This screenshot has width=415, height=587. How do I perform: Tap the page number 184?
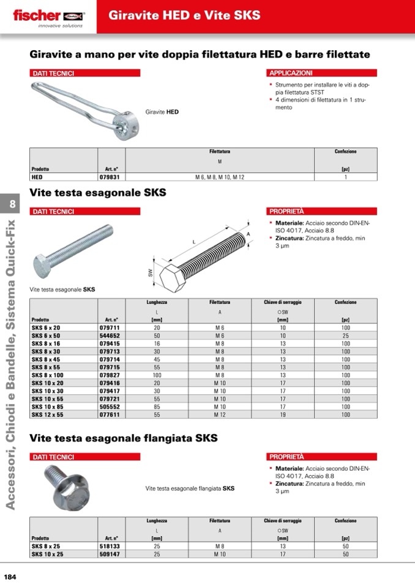coord(10,576)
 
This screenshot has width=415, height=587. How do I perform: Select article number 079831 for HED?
coord(109,177)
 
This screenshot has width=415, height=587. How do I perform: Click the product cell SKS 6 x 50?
coord(46,335)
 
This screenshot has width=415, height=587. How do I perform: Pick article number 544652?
coord(109,335)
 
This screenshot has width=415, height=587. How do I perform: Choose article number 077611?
coord(109,414)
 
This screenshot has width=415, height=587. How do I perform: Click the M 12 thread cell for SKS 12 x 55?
coord(220,414)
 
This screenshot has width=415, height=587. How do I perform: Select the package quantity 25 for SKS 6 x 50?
coord(345,335)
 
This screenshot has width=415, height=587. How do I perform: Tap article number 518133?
coord(109,546)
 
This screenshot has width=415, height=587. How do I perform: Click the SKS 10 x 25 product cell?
coord(47,554)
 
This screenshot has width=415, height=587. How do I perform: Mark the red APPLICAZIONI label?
coord(291,73)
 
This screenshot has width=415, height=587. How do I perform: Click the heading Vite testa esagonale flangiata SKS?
coord(124,439)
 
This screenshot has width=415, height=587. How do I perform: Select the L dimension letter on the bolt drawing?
coord(194,242)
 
